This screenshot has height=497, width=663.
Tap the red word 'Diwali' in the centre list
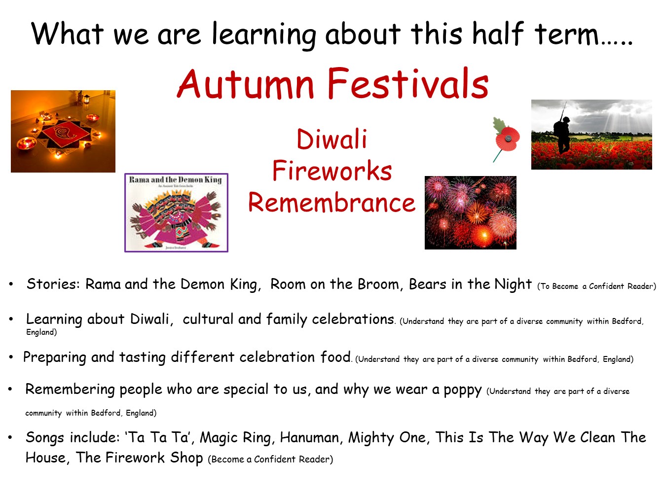(331, 140)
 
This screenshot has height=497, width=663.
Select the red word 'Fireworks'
(332, 171)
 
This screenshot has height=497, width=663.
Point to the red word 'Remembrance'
(331, 202)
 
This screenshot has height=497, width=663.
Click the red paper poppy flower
(508, 139)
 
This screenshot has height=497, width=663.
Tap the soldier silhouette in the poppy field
(562, 133)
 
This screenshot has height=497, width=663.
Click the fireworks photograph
(470, 213)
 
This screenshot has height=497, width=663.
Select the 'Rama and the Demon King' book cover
(176, 213)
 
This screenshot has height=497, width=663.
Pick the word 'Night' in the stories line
(513, 284)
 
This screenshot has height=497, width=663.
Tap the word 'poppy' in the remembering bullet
(462, 390)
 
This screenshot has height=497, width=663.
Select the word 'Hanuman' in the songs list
(310, 437)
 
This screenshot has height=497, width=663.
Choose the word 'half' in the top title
(497, 34)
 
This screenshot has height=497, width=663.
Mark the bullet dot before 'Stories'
(11, 284)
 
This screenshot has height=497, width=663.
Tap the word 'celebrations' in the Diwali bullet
(353, 319)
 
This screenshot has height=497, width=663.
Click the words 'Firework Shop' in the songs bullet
(154, 458)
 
